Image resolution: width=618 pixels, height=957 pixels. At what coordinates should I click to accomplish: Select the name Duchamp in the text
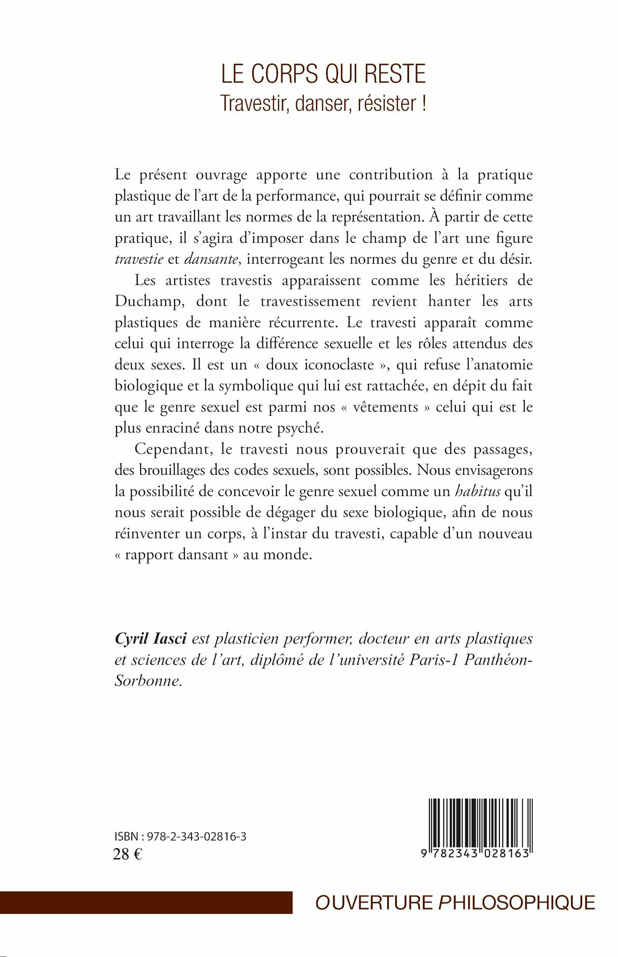pyautogui.click(x=148, y=302)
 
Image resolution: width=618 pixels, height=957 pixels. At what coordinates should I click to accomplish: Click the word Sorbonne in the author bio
pyautogui.click(x=147, y=681)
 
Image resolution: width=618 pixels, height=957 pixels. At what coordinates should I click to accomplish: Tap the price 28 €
pyautogui.click(x=128, y=855)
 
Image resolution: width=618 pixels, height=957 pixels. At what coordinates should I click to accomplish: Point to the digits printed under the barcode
pyautogui.click(x=475, y=854)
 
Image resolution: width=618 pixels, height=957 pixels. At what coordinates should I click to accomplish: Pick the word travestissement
pyautogui.click(x=310, y=302)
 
